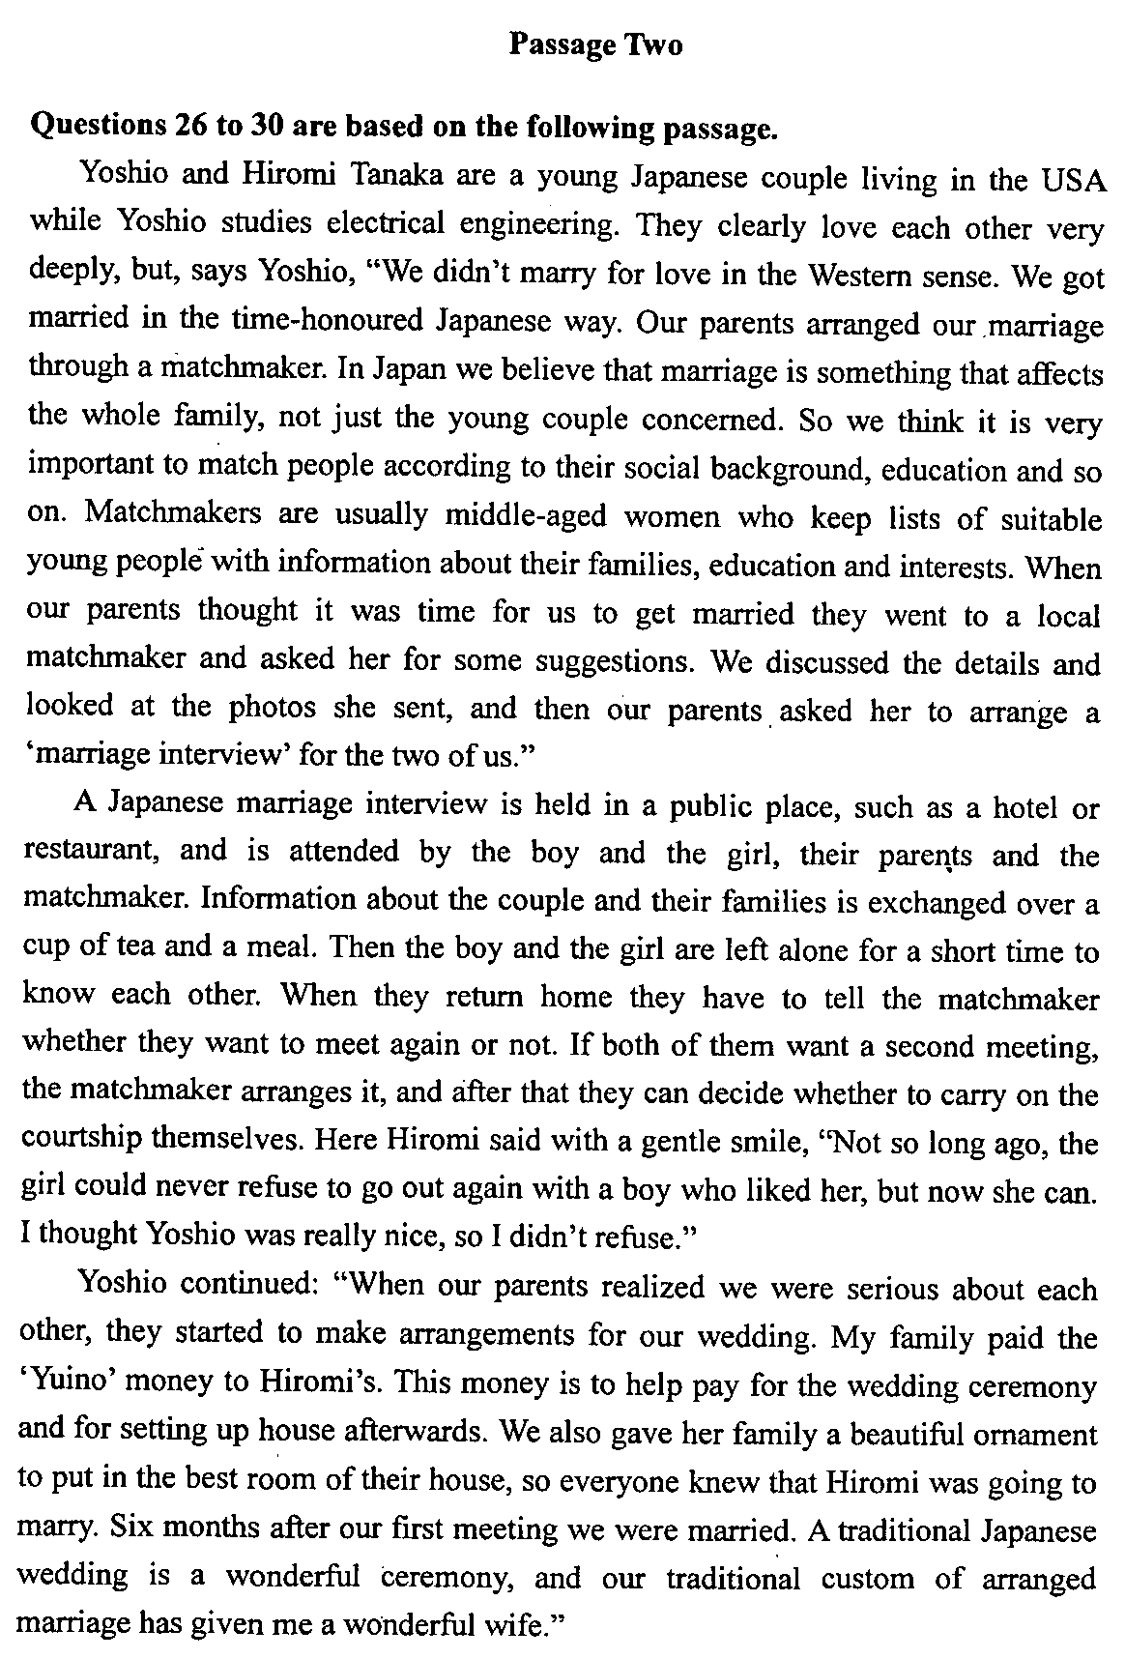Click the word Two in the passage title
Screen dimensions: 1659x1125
(653, 44)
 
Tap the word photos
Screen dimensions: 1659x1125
(272, 708)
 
